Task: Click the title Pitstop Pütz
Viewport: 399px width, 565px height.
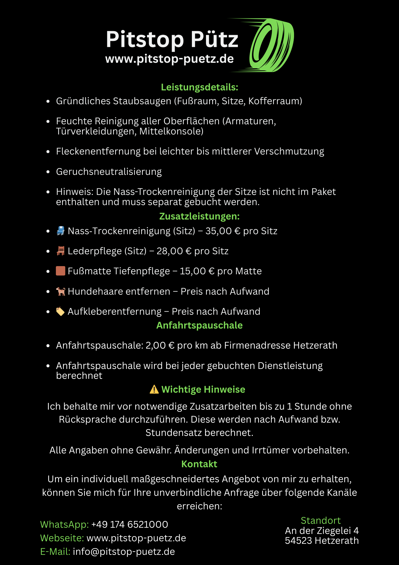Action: point(172,39)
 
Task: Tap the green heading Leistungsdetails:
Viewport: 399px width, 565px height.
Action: point(199,87)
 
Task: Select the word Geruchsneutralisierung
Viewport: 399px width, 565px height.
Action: point(109,172)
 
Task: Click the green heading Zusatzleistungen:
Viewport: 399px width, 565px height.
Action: point(199,216)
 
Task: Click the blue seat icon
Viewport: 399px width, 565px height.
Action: point(61,231)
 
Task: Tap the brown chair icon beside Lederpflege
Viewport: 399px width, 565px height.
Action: point(61,251)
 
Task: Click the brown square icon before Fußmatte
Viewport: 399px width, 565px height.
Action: point(61,271)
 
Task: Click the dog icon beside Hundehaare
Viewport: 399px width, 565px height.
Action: point(61,291)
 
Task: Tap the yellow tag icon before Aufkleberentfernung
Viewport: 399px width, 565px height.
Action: point(60,311)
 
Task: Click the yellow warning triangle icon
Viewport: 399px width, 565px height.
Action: point(154,389)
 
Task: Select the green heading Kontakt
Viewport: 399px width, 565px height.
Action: point(199,464)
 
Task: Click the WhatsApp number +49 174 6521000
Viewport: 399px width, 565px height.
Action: point(130,525)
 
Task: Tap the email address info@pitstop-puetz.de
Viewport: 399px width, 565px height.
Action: point(124,552)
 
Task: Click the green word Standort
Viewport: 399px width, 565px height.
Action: point(321,520)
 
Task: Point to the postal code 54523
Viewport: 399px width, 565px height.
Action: point(299,541)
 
